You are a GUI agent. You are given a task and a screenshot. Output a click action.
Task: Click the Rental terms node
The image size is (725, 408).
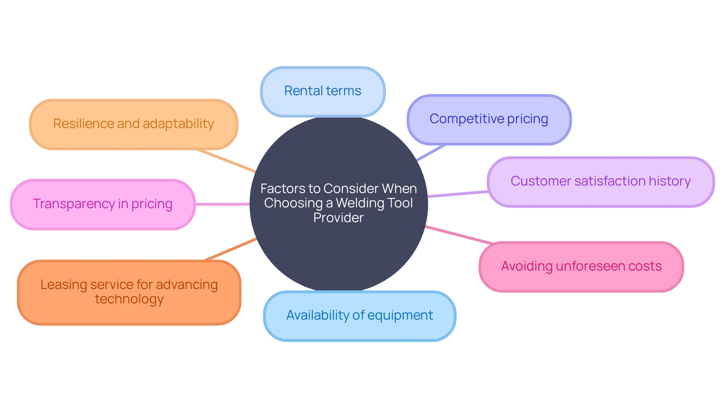322,91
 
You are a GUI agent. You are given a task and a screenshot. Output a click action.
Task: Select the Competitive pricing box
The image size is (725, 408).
489,119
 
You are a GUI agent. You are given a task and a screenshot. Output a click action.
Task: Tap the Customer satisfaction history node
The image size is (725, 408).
600,182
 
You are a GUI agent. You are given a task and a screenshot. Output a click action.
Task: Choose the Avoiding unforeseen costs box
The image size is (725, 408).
581,266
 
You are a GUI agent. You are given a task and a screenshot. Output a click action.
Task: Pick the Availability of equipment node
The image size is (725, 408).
359,315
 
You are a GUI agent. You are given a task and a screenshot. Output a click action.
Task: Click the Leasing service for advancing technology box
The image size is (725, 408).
129,292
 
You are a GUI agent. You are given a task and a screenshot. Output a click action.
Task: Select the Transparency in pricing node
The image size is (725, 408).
103,204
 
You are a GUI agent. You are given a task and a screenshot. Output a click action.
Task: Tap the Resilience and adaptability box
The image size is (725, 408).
133,124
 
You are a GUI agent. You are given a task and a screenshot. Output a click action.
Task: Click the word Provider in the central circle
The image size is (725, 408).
338,218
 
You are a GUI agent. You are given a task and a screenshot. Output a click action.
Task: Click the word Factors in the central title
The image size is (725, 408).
282,189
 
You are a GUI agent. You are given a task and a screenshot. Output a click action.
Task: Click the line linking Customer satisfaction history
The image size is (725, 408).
458,194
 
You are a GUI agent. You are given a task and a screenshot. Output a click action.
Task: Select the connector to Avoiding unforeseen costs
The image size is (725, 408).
459,235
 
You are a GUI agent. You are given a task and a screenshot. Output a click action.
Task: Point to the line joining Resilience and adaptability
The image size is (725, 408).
226,161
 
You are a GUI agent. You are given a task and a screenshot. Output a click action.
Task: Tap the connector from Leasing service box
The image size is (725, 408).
230,249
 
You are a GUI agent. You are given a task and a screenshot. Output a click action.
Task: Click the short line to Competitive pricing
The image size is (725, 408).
431,153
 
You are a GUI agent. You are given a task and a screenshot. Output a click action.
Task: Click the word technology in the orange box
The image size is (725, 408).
129,299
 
